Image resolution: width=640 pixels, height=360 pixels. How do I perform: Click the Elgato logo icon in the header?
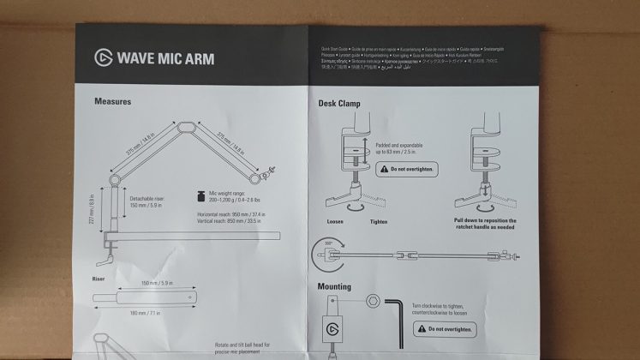(103, 58)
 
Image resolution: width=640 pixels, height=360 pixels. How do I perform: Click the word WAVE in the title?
(138, 59)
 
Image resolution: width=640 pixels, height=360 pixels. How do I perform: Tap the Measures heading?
(112, 101)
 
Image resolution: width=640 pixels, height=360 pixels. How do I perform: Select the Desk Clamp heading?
(339, 104)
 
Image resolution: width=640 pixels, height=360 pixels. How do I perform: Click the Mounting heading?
(334, 286)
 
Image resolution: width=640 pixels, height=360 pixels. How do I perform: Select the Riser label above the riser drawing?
(99, 279)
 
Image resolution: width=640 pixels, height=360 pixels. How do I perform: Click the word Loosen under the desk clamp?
(335, 221)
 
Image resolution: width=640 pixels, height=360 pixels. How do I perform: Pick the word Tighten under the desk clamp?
(378, 221)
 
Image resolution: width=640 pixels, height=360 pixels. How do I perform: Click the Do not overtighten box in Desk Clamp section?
(406, 169)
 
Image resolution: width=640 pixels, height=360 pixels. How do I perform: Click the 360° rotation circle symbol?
(326, 255)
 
